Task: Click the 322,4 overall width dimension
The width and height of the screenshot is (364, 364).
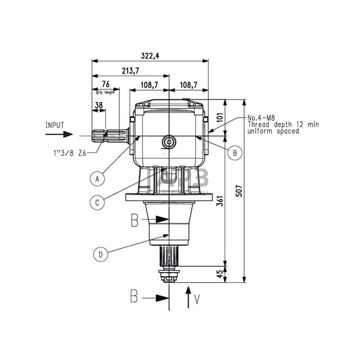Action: (x=150, y=56)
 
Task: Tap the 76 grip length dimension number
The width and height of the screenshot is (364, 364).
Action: (x=106, y=84)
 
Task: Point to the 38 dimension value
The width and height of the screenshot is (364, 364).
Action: (x=98, y=106)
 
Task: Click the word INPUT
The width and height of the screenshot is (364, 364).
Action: (x=55, y=125)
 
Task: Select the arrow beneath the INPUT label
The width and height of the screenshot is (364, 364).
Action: (x=59, y=134)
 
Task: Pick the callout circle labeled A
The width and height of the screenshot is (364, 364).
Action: (x=97, y=179)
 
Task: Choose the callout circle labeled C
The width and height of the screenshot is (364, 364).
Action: (x=97, y=202)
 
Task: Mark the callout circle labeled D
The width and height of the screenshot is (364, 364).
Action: (x=100, y=254)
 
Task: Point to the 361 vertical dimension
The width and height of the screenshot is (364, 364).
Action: (x=220, y=201)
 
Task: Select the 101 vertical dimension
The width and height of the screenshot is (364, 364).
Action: (x=220, y=117)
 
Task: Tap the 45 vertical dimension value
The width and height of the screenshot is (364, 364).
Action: (x=220, y=274)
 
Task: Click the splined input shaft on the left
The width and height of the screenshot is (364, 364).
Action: (x=109, y=137)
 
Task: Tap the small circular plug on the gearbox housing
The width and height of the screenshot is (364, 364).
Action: (x=168, y=142)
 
